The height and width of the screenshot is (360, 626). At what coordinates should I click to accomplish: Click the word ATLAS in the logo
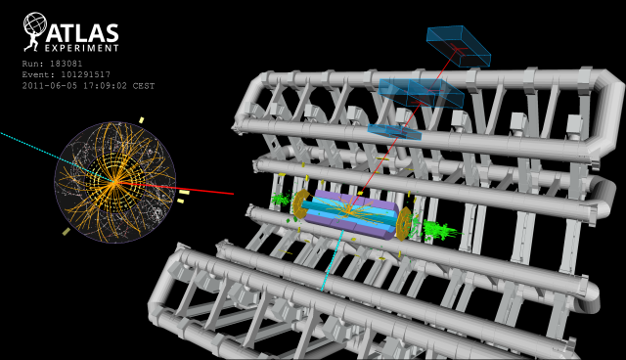(82, 33)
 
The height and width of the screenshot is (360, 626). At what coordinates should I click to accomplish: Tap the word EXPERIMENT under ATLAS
(82, 48)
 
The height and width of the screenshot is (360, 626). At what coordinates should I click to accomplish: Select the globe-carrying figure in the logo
(34, 32)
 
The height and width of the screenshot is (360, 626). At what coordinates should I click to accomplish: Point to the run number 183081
(66, 64)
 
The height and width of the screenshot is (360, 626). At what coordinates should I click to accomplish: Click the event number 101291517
(85, 74)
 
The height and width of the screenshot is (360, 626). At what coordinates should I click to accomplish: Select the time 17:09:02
(105, 86)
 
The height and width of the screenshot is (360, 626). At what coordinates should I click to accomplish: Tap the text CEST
(144, 86)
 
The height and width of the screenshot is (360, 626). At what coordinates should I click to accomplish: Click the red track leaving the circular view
(174, 189)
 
